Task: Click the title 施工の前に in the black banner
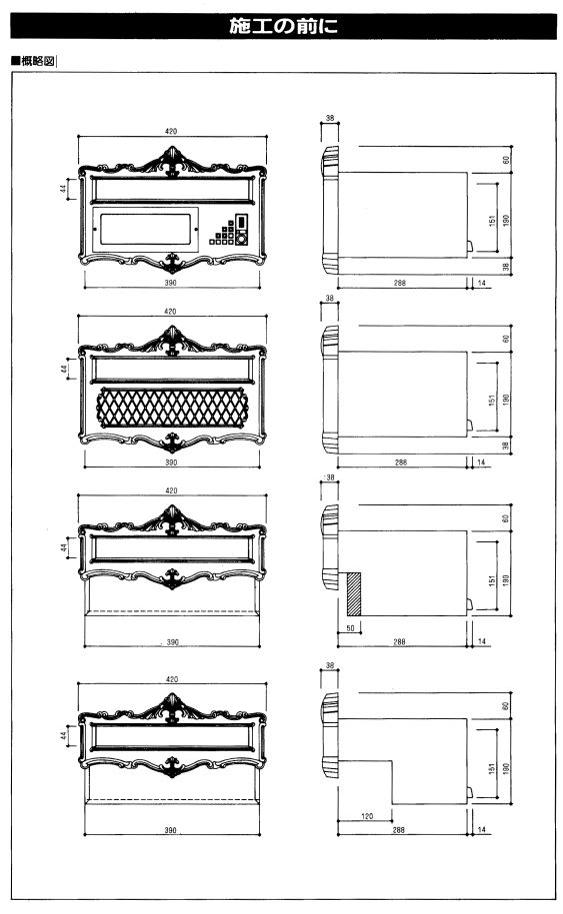(x=284, y=26)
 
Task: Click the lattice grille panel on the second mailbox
(x=172, y=408)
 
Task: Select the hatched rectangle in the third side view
(x=354, y=593)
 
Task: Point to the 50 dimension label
(x=350, y=628)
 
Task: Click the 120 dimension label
(x=367, y=816)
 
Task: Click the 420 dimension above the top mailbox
(x=170, y=132)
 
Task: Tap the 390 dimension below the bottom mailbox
(x=170, y=830)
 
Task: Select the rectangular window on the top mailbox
(x=145, y=229)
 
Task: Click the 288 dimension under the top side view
(x=399, y=283)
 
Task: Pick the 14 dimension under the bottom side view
(x=481, y=829)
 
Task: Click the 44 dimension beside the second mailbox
(x=64, y=370)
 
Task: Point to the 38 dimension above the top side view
(x=330, y=118)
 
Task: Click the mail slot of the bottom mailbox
(x=172, y=737)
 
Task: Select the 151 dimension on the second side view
(x=492, y=400)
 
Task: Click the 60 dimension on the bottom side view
(x=505, y=705)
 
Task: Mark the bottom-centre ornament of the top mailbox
(x=172, y=263)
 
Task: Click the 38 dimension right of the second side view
(x=506, y=446)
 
